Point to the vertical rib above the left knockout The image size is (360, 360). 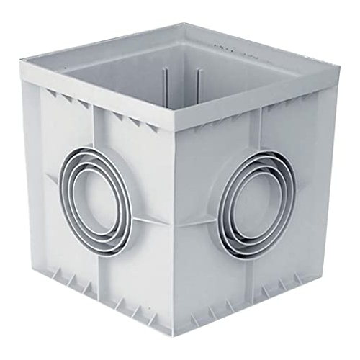[x=98, y=133]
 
